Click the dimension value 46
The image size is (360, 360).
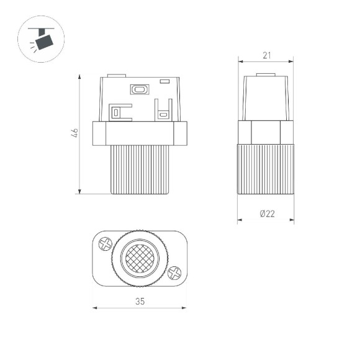pyautogui.click(x=74, y=133)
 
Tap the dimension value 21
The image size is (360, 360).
pyautogui.click(x=266, y=56)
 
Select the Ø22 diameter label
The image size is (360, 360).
pyautogui.click(x=267, y=214)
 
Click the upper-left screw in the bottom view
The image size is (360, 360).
pyautogui.click(x=105, y=244)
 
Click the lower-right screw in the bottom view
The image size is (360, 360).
pyautogui.click(x=174, y=271)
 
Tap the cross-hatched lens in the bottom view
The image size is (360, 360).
pyautogui.click(x=140, y=258)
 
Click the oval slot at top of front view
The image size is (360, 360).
pyautogui.click(x=139, y=89)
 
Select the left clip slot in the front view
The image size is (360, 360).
pyautogui.click(x=115, y=112)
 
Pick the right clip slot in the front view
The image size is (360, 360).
pyautogui.click(x=163, y=114)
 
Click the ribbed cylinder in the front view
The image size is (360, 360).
pyautogui.click(x=140, y=169)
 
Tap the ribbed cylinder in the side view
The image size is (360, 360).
pyautogui.click(x=266, y=169)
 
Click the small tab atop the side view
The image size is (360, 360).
pyautogui.click(x=266, y=74)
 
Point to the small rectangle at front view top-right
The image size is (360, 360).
pyautogui.click(x=164, y=81)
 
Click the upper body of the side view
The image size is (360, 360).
pyautogui.click(x=266, y=98)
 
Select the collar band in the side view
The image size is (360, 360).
pyautogui.click(x=266, y=132)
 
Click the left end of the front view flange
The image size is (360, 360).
pyautogui.click(x=99, y=133)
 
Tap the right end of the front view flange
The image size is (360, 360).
pyautogui.click(x=181, y=133)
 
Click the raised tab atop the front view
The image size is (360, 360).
pyautogui.click(x=116, y=76)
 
